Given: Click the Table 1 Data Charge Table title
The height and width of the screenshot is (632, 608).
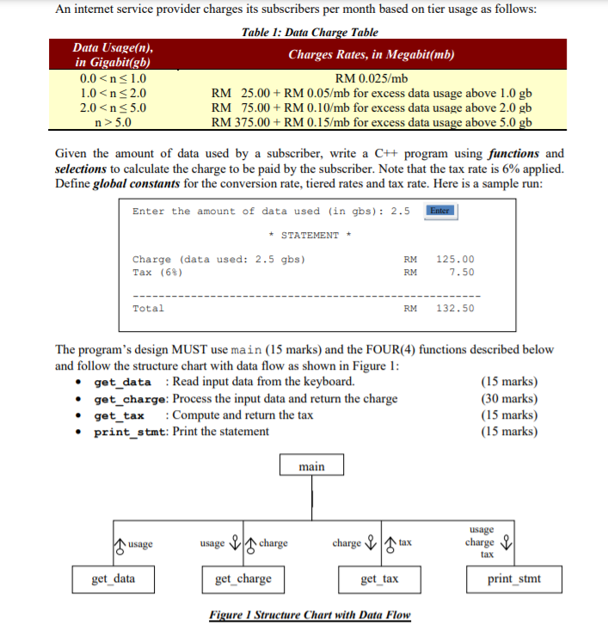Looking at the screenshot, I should coord(310,32).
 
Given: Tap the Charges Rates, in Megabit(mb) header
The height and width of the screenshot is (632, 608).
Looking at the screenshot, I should coord(372,55).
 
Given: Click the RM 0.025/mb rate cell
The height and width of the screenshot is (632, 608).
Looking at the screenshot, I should coord(372,79).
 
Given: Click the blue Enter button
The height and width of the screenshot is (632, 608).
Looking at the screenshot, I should coord(439,211).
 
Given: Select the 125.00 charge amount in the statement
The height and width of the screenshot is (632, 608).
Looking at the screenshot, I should coord(455,259).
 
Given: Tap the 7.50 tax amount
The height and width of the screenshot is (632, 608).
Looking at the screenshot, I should coord(461,272).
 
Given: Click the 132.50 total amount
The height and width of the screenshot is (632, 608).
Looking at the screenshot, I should coord(455,308).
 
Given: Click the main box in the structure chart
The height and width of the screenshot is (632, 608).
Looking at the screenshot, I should coord(311,466).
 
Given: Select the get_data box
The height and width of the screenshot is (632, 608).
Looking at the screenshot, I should coord(114,579).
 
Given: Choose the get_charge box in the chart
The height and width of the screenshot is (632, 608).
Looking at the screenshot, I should coord(243,579).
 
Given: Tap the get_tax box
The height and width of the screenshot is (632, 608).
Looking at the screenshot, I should coord(379,579).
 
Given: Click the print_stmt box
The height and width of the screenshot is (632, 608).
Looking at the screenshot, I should coord(514,579).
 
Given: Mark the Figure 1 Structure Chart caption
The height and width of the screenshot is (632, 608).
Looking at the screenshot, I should coord(310,616).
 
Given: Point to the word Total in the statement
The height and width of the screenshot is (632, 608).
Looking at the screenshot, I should coord(148,308).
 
